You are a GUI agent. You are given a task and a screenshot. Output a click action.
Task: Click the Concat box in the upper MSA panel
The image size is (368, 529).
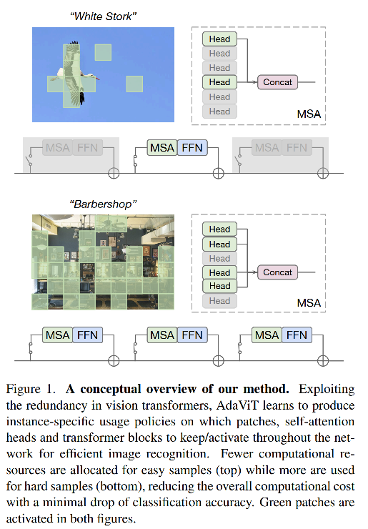tap(277, 82)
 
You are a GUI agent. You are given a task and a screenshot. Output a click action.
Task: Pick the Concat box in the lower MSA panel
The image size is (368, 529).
tap(277, 272)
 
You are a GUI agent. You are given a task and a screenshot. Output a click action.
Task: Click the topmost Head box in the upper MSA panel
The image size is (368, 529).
tap(219, 39)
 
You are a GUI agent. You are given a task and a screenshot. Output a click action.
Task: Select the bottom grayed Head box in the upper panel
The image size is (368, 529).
tap(219, 112)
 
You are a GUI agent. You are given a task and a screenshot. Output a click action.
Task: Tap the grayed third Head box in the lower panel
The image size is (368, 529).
tap(219, 258)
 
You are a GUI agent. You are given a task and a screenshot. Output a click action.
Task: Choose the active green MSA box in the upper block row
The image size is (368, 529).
tap(162, 148)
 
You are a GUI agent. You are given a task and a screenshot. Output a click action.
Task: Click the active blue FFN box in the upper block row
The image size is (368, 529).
tap(192, 148)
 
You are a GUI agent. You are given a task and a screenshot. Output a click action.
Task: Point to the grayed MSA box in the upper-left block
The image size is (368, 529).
tap(58, 148)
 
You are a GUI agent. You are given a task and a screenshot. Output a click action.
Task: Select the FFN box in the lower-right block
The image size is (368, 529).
tap(296, 335)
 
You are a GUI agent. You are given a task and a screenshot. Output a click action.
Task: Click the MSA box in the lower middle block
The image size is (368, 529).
tap(162, 335)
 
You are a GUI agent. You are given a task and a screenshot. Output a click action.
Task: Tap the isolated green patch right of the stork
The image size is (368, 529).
tap(135, 84)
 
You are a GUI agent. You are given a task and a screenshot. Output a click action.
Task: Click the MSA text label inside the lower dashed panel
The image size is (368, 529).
tap(309, 304)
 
